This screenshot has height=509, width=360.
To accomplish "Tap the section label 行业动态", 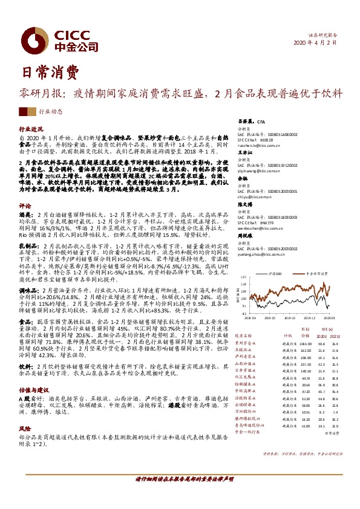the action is point(50,112).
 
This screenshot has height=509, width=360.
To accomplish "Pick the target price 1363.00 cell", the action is point(304,343).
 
